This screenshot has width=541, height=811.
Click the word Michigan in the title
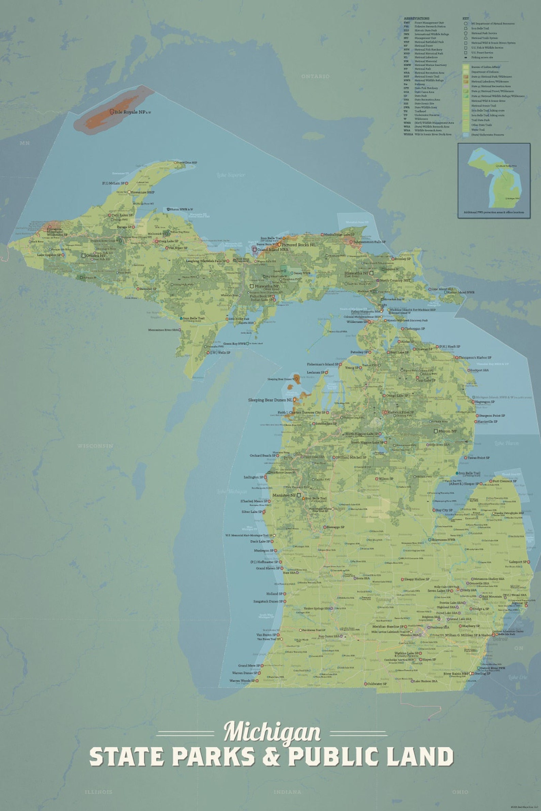click(272, 732)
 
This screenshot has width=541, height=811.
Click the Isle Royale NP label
click(130, 112)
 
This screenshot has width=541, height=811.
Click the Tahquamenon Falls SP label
click(370, 242)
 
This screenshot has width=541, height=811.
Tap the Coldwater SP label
click(377, 683)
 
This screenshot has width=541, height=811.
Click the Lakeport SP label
click(517, 562)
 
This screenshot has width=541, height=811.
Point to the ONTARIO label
click(315, 76)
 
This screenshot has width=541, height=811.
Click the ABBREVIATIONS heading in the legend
click(416, 18)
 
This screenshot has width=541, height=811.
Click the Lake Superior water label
click(231, 175)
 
